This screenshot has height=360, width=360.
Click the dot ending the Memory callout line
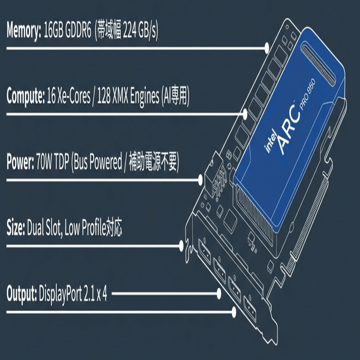click(x=267, y=48)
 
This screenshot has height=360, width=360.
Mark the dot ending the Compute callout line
click(x=245, y=114)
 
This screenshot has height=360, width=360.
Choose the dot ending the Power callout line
click(x=201, y=180)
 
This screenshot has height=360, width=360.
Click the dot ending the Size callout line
click(x=181, y=246)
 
